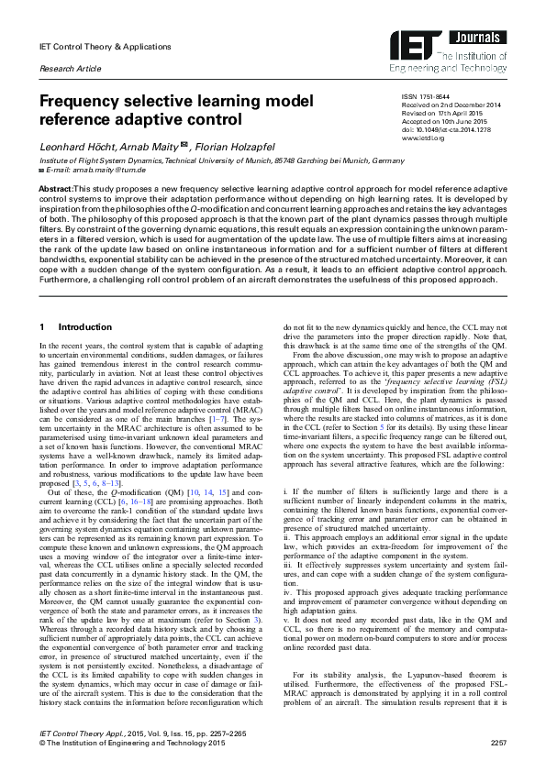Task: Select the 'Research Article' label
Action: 69,69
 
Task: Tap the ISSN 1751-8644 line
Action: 429,96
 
